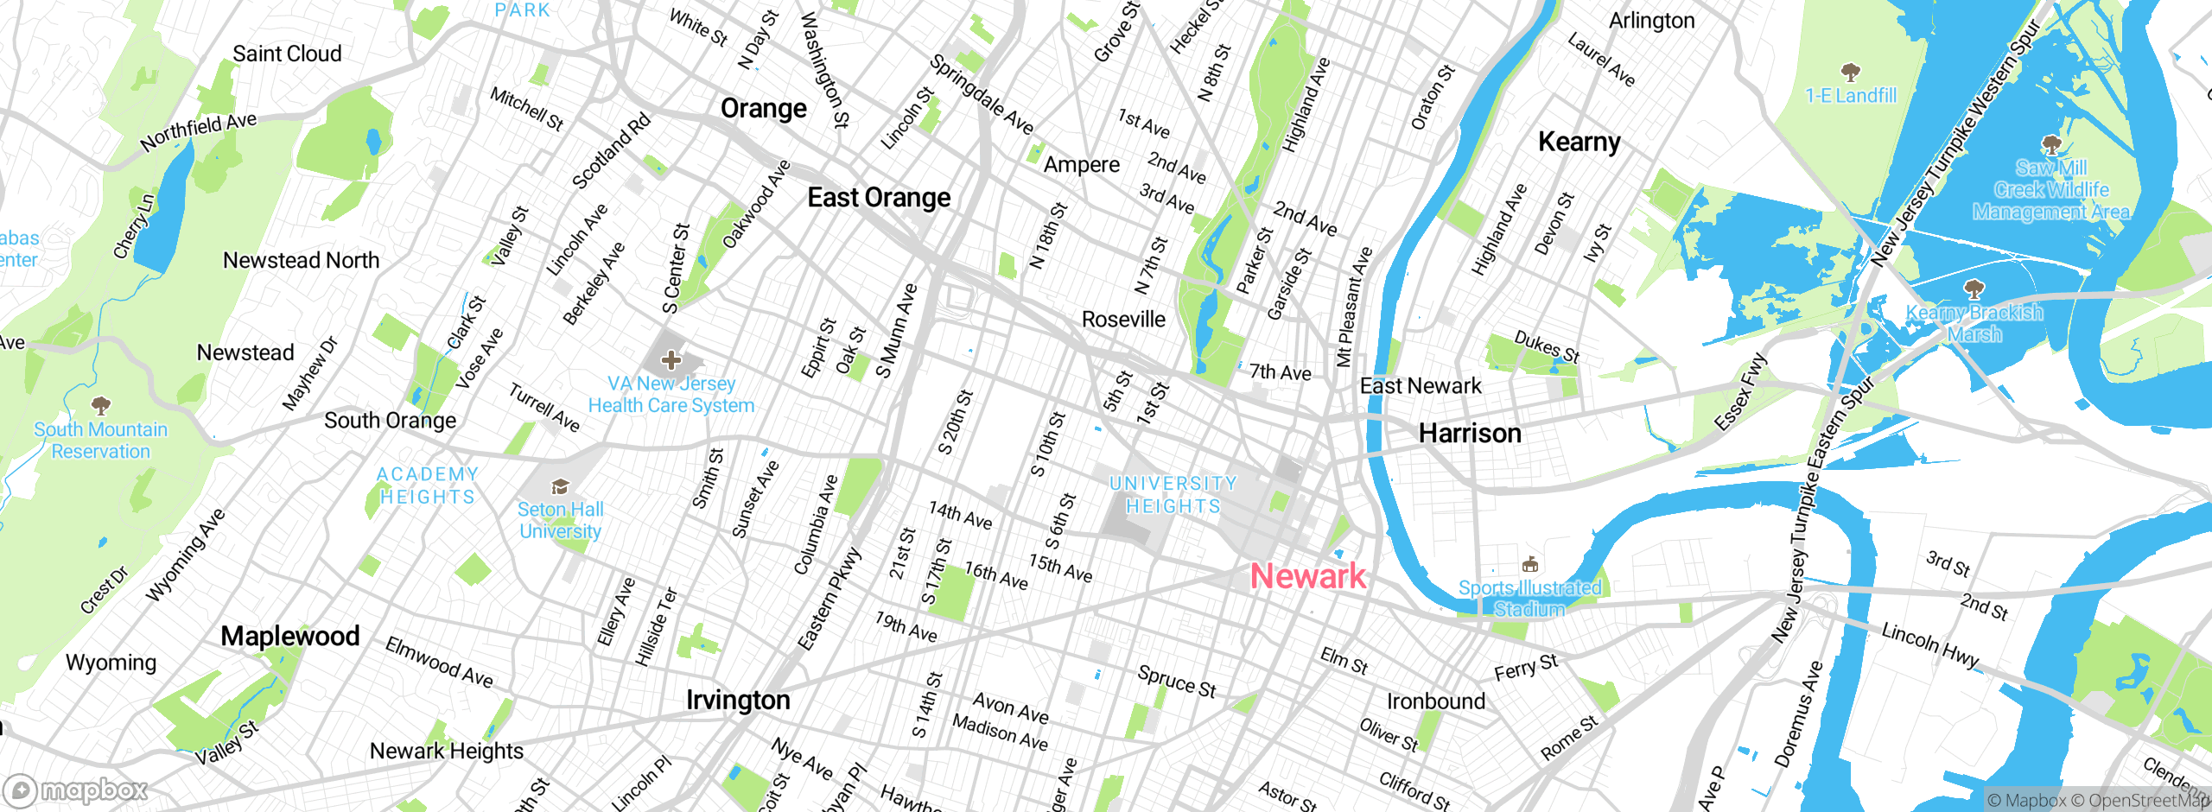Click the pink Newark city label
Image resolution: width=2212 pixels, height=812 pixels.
point(1308,576)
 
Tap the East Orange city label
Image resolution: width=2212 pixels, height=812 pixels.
point(879,198)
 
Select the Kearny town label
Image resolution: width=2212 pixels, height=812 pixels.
point(1579,142)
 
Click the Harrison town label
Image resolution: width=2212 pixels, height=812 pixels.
point(1470,433)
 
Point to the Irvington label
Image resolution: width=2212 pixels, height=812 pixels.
point(738,700)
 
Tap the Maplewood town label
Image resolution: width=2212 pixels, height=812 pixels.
point(290,637)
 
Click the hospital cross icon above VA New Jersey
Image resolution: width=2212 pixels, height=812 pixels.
point(671,360)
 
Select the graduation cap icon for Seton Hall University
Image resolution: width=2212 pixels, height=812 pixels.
point(560,487)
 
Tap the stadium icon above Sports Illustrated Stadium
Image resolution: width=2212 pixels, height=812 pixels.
point(1530,565)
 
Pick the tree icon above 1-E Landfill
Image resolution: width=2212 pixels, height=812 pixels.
point(1850,72)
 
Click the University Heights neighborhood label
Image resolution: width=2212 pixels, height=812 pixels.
point(1173,495)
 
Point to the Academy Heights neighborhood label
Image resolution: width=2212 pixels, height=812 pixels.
point(428,485)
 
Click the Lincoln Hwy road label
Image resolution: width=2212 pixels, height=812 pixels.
point(1930,645)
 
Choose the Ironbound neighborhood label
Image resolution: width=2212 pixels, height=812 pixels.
point(1436,701)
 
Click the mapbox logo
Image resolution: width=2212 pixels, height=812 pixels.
point(76,790)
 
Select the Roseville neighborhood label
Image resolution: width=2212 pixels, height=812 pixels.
point(1123,320)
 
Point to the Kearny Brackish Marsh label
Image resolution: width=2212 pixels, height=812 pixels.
point(1974,323)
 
